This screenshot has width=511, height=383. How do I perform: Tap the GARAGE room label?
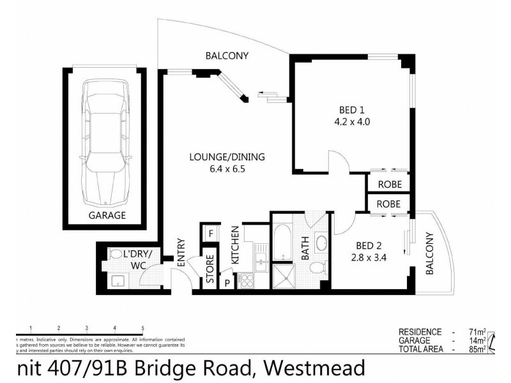pos(107,215)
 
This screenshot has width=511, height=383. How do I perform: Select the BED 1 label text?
pos(347,108)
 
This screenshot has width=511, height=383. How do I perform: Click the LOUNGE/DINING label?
pos(226,157)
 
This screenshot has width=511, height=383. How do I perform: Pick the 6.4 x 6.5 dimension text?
pos(226,169)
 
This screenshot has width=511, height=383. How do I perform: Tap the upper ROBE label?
pos(388,184)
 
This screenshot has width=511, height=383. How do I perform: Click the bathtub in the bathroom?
pos(282,241)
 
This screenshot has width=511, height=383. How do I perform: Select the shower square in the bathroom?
pos(282,276)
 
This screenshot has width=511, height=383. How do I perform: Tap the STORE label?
pos(210,268)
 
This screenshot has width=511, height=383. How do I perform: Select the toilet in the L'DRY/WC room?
pos(116,255)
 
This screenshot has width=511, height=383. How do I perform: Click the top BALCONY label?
pos(227,56)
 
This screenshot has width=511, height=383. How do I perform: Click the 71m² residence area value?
pos(475,332)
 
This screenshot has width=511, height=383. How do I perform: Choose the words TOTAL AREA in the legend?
pos(420,349)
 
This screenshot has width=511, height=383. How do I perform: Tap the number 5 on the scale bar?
pos(142,327)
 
